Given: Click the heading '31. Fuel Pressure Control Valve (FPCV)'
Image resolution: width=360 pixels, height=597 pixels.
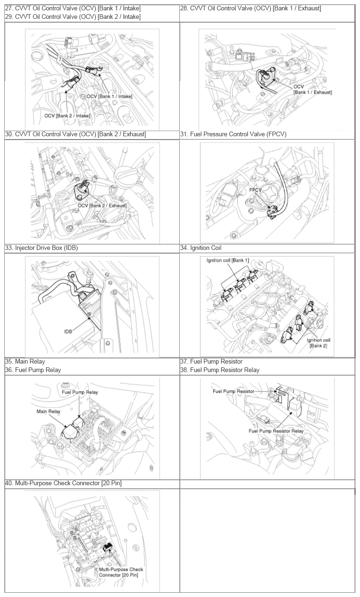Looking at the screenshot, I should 233,134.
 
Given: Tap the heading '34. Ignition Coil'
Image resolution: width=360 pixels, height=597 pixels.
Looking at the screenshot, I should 201,248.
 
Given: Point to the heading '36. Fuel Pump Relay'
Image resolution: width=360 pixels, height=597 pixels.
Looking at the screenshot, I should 33,370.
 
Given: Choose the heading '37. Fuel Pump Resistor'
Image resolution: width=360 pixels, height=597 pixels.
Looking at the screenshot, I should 211,362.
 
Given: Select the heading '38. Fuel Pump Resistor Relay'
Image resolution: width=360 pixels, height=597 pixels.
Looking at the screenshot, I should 219,370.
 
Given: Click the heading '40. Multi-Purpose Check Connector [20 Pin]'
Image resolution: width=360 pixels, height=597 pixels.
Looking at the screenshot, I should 63,483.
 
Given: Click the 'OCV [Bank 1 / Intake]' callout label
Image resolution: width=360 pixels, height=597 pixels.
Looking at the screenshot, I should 109,96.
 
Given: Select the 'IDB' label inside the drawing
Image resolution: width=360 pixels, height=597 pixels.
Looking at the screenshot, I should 69,332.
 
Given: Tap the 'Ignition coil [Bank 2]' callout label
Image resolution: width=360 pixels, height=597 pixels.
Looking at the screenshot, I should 318,343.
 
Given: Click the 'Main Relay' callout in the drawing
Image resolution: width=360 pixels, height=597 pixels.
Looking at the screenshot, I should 49,411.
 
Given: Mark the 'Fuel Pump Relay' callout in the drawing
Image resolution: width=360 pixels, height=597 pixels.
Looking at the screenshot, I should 80,392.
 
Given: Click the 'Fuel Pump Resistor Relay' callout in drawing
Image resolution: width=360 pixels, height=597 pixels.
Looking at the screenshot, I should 276,431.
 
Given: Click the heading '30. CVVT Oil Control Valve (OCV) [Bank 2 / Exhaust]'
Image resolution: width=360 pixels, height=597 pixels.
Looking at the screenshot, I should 75,134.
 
